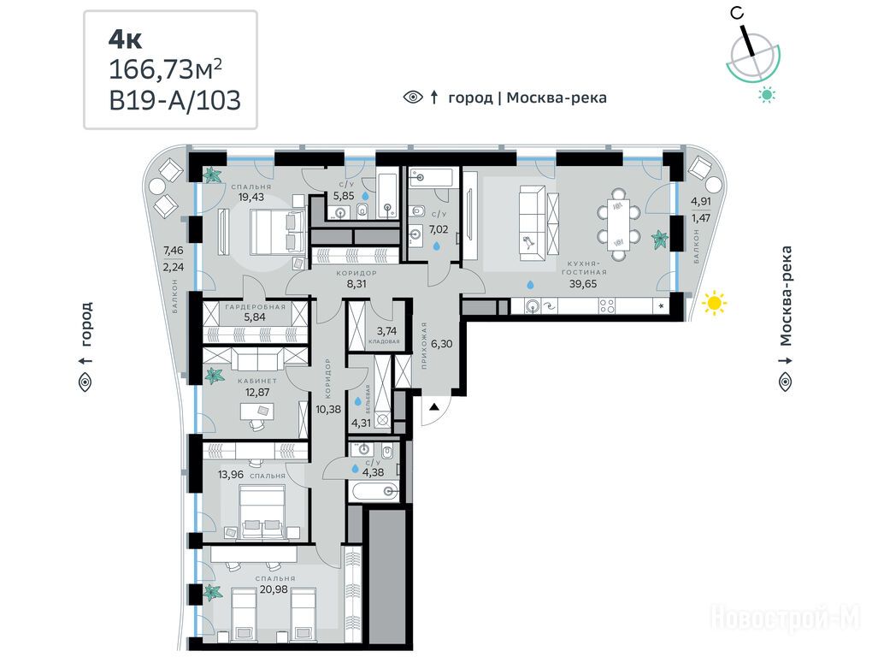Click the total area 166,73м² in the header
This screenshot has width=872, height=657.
click(x=166, y=69)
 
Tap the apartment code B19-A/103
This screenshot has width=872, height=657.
click(x=175, y=101)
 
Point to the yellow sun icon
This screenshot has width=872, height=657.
click(x=715, y=303)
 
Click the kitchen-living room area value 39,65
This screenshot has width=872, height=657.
click(x=583, y=284)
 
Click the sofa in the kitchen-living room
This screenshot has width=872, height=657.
click(x=533, y=222)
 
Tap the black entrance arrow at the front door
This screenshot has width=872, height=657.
click(x=434, y=407)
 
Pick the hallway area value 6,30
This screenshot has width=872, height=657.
click(x=442, y=344)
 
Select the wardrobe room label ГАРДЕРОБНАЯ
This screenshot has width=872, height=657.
click(x=256, y=306)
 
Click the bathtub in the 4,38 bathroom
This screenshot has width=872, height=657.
click(x=374, y=491)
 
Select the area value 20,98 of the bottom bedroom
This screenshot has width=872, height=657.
click(x=274, y=589)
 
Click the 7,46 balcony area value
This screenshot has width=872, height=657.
click(x=173, y=251)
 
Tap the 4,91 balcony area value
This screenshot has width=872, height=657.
click(x=701, y=201)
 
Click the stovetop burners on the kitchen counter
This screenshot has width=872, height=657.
click(x=607, y=305)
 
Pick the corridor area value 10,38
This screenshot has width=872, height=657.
click(x=328, y=409)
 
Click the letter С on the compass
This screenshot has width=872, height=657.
click(x=738, y=15)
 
